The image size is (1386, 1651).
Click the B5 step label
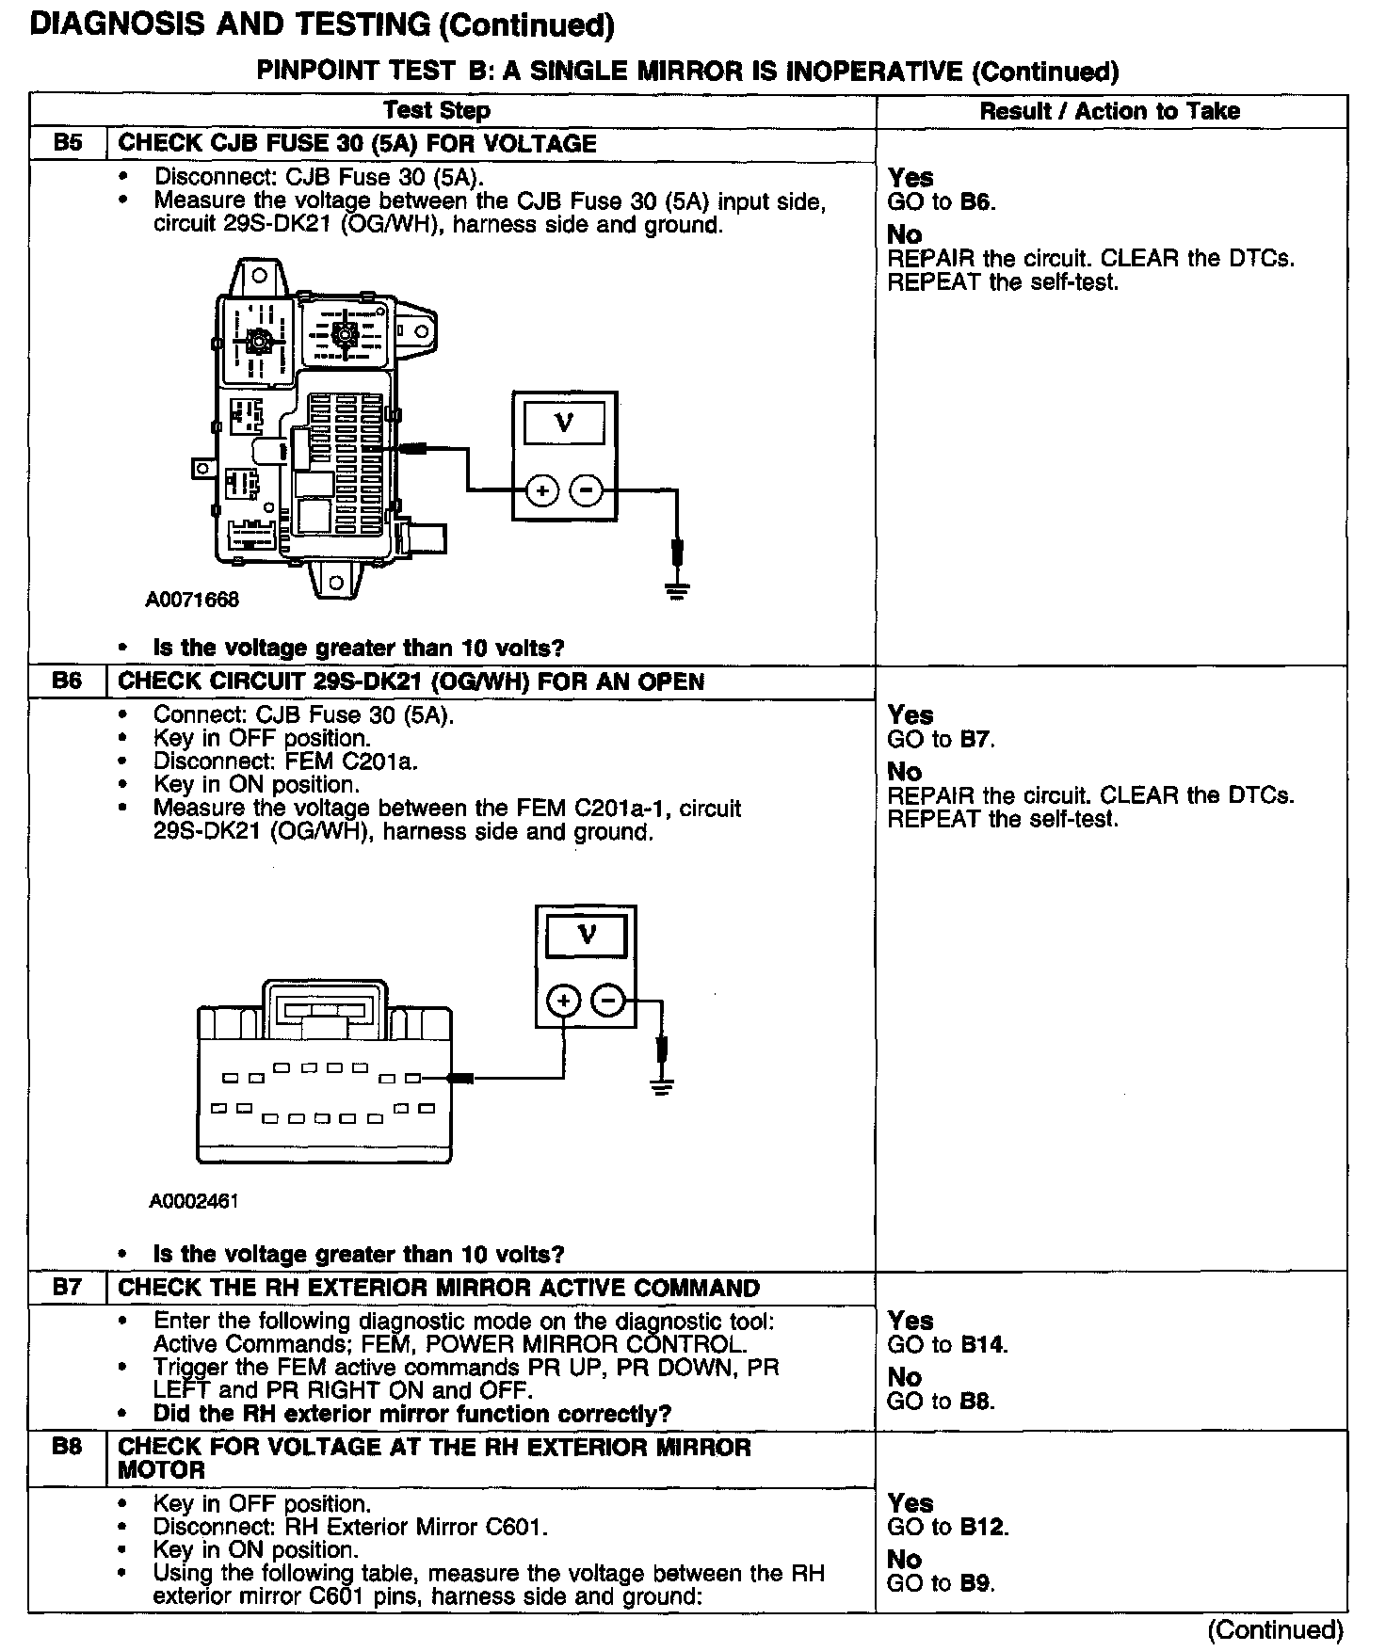pos(68,143)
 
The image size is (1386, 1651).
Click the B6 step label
pos(68,681)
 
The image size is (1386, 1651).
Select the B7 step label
pos(68,1287)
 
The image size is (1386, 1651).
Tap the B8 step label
pos(68,1447)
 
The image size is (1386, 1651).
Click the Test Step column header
pos(437,111)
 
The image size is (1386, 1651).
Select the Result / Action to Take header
pos(1110,111)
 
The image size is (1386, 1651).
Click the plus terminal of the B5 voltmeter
pos(542,490)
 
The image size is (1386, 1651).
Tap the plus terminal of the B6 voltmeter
pos(563,1001)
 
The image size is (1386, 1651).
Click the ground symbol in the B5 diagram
pos(677,588)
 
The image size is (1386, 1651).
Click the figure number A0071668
pos(192,600)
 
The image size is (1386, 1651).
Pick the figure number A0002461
pos(194,1201)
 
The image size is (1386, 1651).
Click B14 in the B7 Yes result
pos(983,1344)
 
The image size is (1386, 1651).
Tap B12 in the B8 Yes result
pos(983,1527)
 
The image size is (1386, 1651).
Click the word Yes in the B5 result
pos(911,177)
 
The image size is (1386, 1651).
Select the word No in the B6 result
pos(905,771)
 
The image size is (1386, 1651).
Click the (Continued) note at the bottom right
pos(1276,1629)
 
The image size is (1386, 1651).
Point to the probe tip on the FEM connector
pos(459,1078)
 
